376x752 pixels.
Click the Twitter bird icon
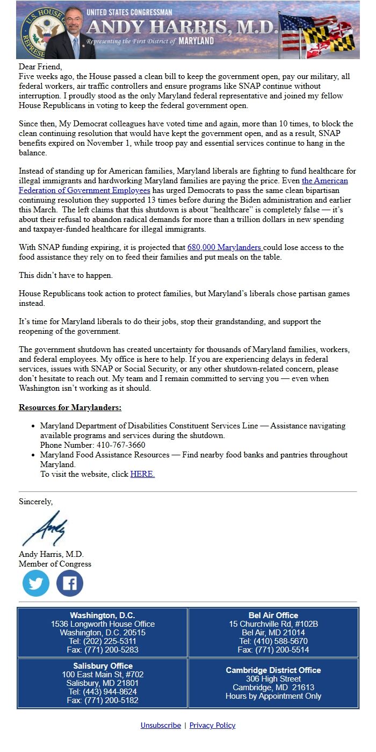coord(36,583)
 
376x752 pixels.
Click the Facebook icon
coord(70,583)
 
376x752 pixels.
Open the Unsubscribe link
coord(161,725)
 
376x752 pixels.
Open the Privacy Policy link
coord(212,725)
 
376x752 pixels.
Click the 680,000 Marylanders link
coord(224,247)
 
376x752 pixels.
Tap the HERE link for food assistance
coord(142,474)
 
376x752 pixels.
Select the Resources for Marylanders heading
coord(70,407)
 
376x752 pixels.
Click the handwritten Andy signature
coord(46,528)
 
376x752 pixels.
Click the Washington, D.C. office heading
coord(103,615)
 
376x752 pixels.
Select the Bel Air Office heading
coord(273,615)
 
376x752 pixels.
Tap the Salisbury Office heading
coord(103,666)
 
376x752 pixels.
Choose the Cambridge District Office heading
coord(273,670)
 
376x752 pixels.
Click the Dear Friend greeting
coord(40,67)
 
